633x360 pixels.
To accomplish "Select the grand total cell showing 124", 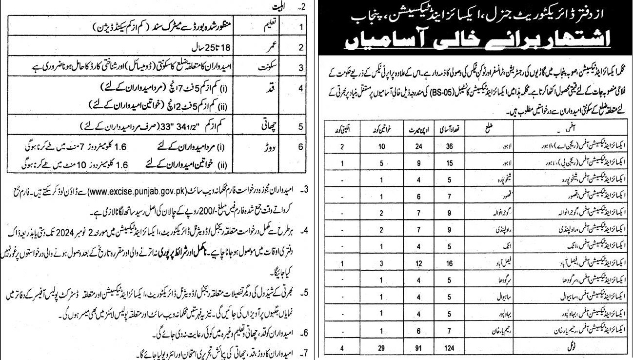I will [x=457, y=348].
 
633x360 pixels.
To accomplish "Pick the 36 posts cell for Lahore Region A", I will [x=457, y=146].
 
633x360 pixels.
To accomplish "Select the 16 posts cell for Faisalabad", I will [x=457, y=263].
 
